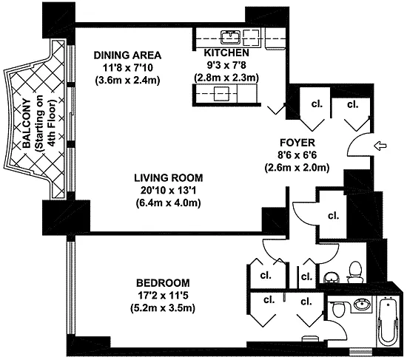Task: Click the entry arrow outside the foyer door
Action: [380, 146]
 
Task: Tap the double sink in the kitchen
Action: [230, 37]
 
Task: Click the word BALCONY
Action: [27, 123]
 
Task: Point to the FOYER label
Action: [297, 143]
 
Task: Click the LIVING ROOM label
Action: [169, 178]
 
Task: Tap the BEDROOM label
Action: [163, 282]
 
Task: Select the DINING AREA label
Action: [127, 55]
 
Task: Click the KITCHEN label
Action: [226, 52]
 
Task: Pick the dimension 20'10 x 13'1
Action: [168, 191]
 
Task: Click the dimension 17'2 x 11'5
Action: [163, 296]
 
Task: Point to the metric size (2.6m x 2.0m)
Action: [297, 168]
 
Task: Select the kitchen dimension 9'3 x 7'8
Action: [226, 65]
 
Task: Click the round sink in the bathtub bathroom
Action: [363, 304]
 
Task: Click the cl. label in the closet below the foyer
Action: [334, 216]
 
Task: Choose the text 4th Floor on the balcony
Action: [52, 123]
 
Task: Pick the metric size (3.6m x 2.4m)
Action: [127, 80]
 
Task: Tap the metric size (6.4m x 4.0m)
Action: [169, 203]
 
